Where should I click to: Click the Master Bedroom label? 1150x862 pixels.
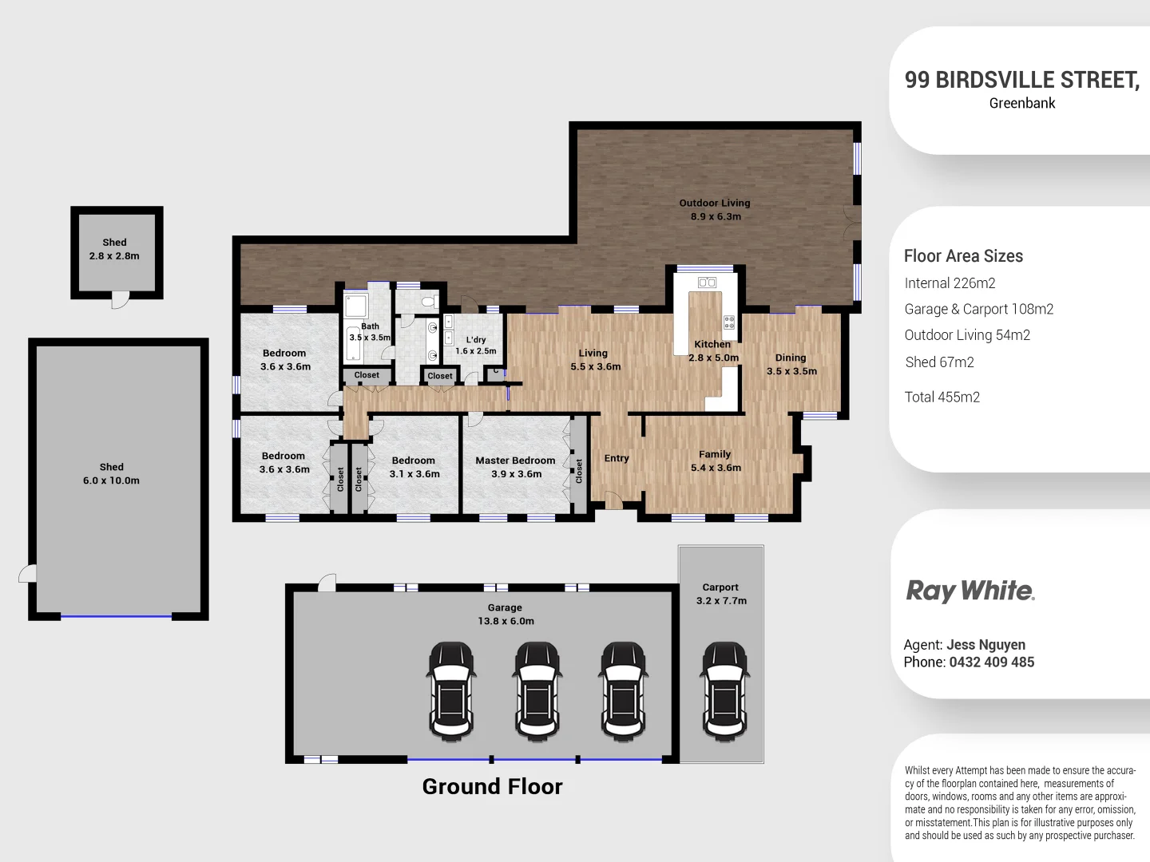516,467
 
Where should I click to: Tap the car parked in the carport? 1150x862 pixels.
725,691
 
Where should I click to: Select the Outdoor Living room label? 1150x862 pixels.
715,209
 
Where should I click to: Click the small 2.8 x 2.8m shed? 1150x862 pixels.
117,253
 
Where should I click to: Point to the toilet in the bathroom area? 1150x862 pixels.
430,302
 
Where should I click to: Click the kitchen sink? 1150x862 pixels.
707,283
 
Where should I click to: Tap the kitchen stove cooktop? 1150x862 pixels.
729,322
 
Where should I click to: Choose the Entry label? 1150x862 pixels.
616,458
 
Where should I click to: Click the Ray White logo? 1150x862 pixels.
970,591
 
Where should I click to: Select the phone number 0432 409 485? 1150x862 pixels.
992,662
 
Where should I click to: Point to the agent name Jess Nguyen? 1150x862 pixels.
986,645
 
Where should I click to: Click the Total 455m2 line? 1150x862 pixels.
942,397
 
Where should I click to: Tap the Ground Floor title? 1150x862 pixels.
493,787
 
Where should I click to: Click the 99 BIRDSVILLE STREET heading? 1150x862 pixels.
1022,80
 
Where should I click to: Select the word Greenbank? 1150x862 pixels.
1022,103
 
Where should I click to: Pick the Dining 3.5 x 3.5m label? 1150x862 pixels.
791,364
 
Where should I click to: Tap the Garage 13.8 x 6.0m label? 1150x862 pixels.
506,615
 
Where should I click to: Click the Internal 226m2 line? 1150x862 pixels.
950,283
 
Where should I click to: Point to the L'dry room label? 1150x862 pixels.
476,346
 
